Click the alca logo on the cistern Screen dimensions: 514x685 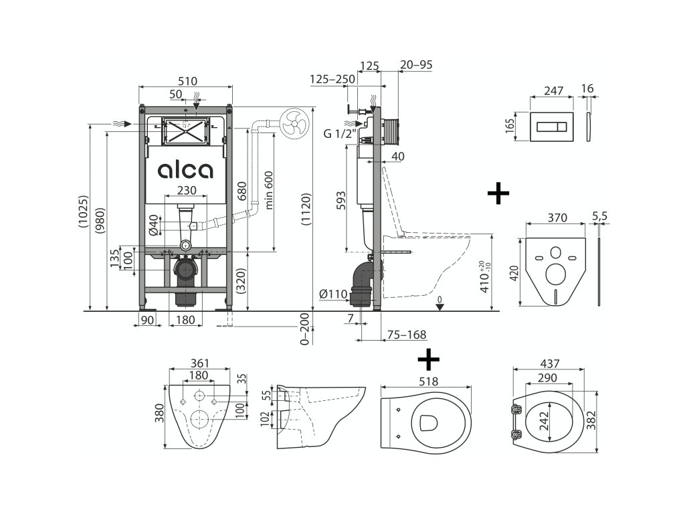coord(186,171)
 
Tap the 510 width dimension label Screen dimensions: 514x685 coord(187,81)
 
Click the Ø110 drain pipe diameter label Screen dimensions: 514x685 coord(332,293)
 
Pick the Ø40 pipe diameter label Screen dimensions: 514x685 coord(153,225)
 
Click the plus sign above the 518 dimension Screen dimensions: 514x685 coord(428,360)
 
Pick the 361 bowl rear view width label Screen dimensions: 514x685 coord(199,363)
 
